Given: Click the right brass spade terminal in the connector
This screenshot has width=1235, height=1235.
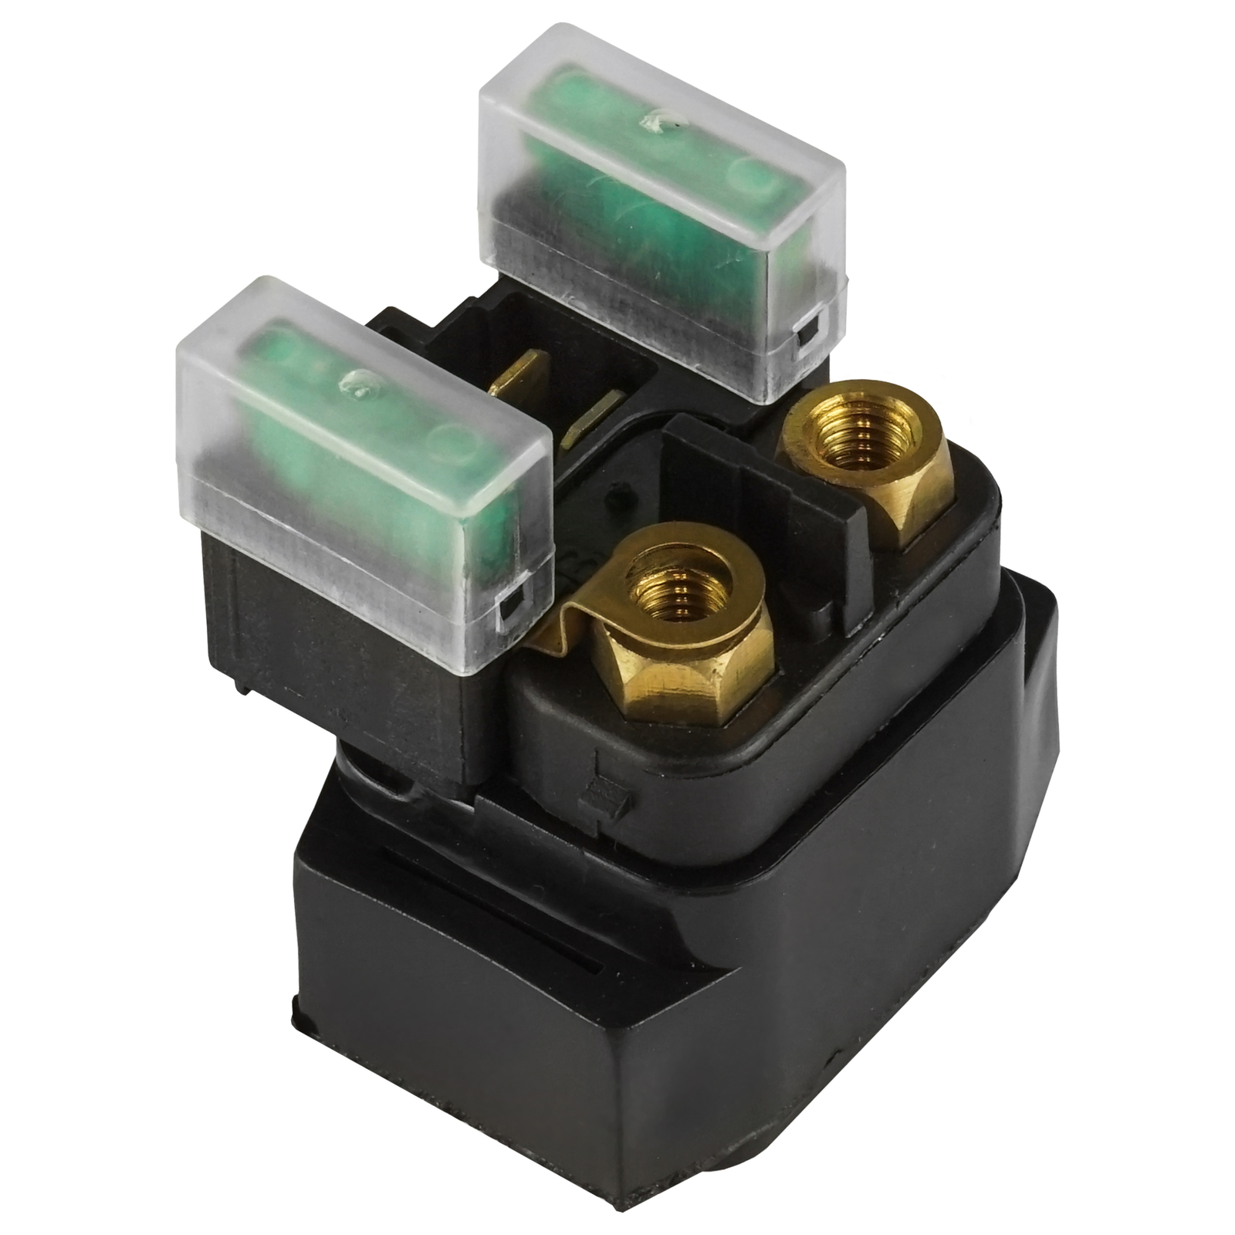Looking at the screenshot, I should [593, 417].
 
